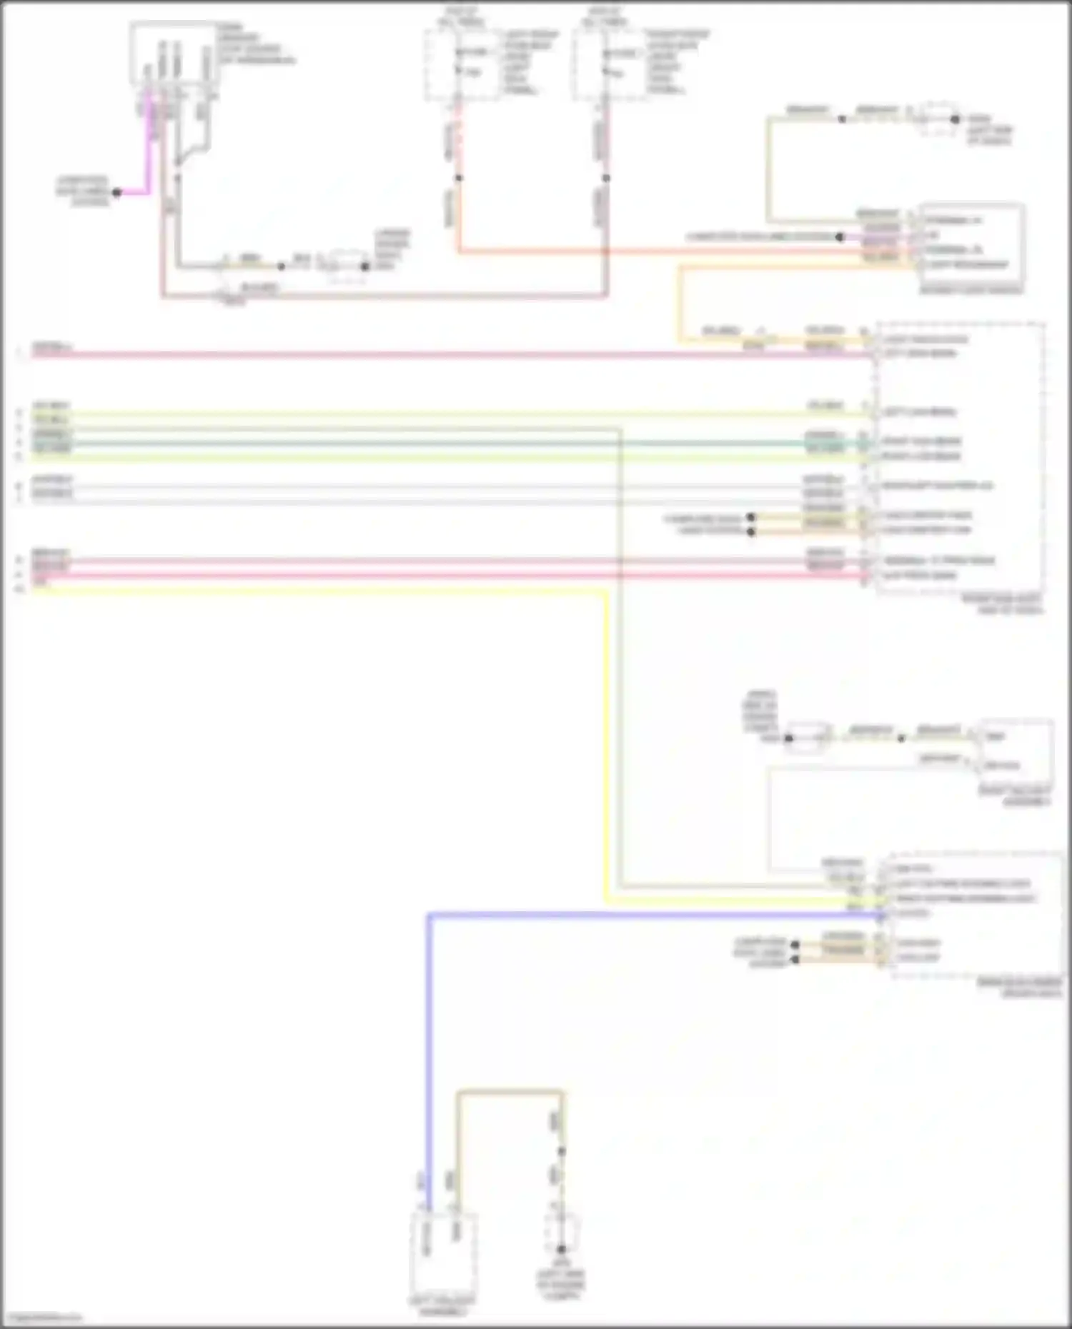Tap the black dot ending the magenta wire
pos(116,192)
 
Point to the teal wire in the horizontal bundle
pos(429,443)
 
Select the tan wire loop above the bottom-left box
pos(510,1091)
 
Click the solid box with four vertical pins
pos(174,54)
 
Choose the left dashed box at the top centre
pos(462,64)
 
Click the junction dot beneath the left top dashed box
pos(459,178)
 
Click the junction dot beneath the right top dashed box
pos(606,178)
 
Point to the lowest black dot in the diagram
pos(561,1249)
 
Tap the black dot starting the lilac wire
pos(840,236)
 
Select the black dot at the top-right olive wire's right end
pos(955,119)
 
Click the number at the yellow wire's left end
pos(19,589)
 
